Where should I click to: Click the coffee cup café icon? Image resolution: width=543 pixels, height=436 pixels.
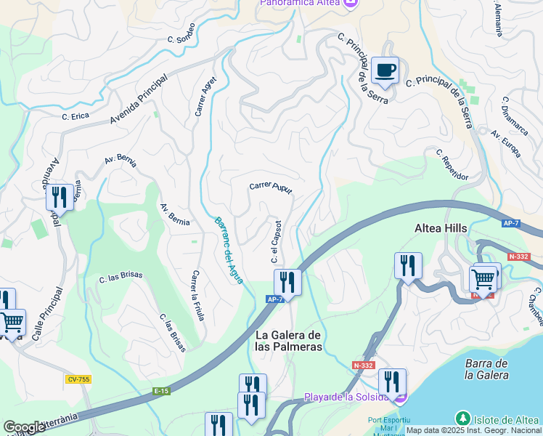(385, 70)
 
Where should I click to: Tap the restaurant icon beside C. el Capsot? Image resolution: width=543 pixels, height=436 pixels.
(287, 282)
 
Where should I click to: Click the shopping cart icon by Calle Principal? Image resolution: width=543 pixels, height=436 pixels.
(12, 322)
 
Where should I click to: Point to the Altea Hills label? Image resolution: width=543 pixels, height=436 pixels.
(441, 228)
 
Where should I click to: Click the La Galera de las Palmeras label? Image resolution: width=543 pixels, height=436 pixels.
(288, 340)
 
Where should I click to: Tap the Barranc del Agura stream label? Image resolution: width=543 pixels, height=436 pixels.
(229, 250)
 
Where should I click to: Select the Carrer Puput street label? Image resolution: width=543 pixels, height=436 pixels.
(271, 187)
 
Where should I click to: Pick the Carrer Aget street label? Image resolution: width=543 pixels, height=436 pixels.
(205, 97)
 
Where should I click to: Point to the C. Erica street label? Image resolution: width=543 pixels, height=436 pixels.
(75, 116)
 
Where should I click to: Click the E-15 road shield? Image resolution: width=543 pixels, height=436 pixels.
(161, 390)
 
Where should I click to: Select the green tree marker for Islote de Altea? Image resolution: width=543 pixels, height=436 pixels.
(462, 419)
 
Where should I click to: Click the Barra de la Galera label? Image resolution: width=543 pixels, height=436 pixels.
(487, 369)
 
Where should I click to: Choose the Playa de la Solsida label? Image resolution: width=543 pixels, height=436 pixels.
(346, 397)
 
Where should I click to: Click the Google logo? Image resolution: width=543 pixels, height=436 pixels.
(24, 427)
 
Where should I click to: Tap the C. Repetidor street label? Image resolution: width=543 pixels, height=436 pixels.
(452, 165)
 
